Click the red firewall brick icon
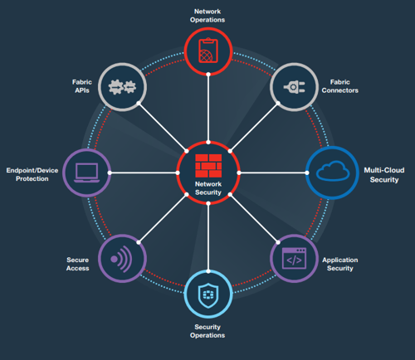coord(208,166)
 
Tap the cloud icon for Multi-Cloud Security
coord(333,171)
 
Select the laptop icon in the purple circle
coord(87,173)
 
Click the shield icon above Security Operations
coord(208,295)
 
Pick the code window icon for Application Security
coord(294,258)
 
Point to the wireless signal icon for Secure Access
coord(121,259)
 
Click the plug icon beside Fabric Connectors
coord(294,87)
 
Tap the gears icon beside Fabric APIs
coord(122,87)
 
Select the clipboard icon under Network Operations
coord(208,51)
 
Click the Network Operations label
coord(207,16)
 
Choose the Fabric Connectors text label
coord(339,86)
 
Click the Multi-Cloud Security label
coord(384,175)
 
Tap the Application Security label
coord(340,264)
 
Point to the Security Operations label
coord(207,331)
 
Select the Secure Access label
coord(78,264)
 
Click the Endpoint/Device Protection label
coord(32,174)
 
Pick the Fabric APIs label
coord(82,86)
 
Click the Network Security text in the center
coord(208,188)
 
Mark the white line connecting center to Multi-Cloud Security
coord(273,173)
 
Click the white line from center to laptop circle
coord(144,173)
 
